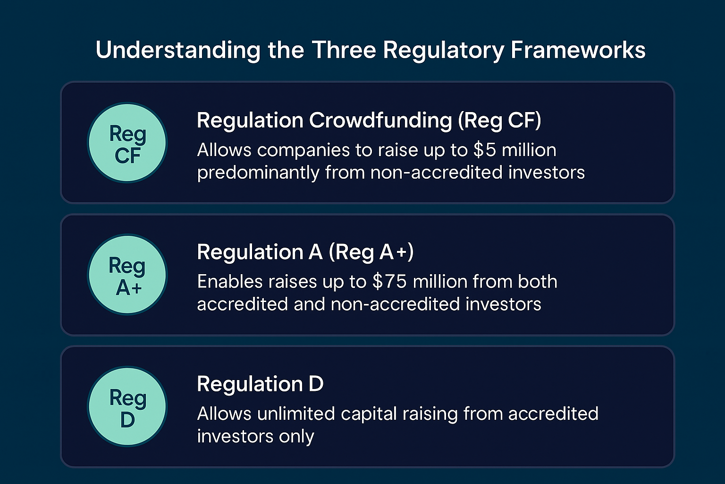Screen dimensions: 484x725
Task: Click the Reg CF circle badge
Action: click(127, 143)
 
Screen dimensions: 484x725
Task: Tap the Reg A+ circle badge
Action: click(127, 275)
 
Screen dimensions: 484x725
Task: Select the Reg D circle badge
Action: click(127, 406)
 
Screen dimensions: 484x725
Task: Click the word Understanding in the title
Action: click(177, 50)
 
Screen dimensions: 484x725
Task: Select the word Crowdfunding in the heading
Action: click(380, 121)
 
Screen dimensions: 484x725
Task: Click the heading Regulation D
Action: click(260, 384)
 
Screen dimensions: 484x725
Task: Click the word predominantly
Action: click(258, 173)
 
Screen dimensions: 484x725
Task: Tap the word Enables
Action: click(230, 282)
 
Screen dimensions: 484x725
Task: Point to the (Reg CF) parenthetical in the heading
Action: click(499, 121)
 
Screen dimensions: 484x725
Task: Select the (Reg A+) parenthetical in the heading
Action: click(371, 252)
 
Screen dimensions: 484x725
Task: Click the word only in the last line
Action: click(296, 436)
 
